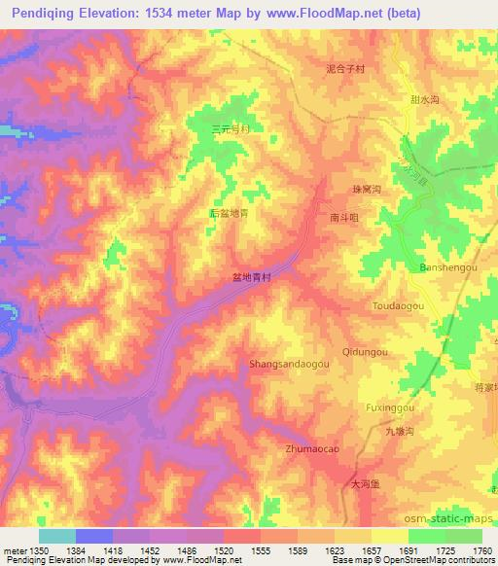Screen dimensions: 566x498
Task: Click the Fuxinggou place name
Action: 390,407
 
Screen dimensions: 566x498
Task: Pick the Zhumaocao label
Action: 312,449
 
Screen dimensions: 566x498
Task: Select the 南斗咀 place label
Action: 344,219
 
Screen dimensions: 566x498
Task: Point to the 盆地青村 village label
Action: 251,277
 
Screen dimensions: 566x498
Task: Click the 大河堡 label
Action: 367,482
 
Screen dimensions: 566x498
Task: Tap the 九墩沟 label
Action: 399,431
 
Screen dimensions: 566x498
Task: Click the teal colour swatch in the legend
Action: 56,536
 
